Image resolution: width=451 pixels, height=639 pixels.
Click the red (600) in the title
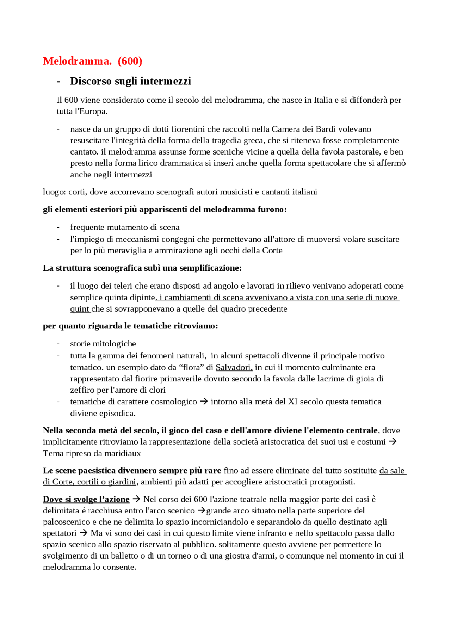(130, 61)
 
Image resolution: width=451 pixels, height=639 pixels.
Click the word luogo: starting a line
(54, 192)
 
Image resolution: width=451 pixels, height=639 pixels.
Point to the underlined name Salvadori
(234, 367)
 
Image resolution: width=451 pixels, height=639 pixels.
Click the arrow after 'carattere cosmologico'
(204, 402)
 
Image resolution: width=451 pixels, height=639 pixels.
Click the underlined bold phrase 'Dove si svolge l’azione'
(86, 499)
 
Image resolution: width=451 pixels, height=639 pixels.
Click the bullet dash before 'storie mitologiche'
(58, 344)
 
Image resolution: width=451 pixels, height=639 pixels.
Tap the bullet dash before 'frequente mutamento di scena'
(58, 227)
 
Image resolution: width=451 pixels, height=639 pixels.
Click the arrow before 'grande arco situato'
(201, 511)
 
